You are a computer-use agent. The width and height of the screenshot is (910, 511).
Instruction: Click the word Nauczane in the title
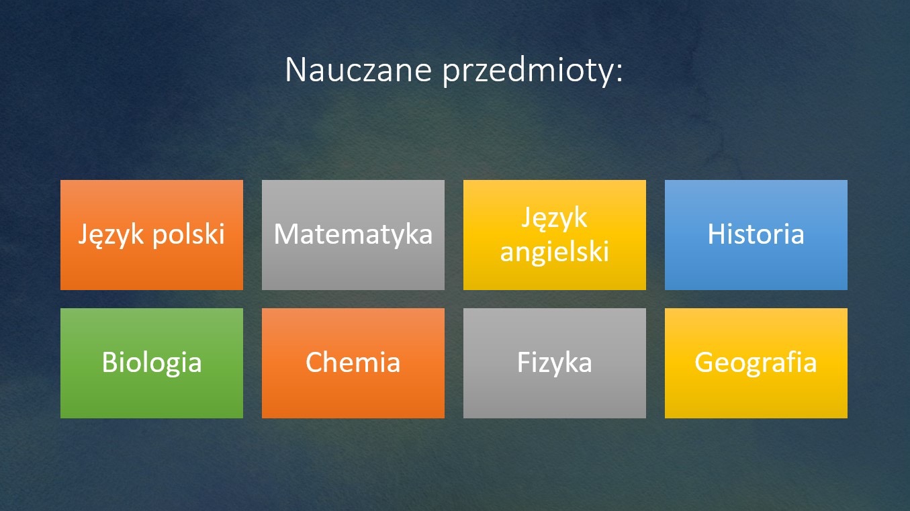tap(358, 70)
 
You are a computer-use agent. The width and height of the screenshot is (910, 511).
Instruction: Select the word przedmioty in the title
tap(527, 72)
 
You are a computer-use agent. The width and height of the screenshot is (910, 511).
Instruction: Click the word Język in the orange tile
tap(111, 235)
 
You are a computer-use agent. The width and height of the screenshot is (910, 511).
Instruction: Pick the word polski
tap(189, 235)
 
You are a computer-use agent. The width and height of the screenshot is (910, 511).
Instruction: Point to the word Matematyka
tap(353, 234)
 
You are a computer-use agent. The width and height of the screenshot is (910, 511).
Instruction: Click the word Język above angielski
tap(555, 218)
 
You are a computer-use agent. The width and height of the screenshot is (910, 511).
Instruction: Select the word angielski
tap(555, 251)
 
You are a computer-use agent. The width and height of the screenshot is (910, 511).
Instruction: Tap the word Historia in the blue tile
tap(756, 234)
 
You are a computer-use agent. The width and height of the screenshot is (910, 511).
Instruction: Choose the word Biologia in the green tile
tap(152, 363)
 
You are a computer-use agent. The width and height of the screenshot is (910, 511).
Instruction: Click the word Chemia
tap(353, 362)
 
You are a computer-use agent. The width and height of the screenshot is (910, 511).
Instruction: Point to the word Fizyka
tap(555, 363)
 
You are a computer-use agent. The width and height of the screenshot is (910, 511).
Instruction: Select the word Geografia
tap(756, 363)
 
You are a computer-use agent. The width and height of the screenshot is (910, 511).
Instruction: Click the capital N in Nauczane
tap(295, 70)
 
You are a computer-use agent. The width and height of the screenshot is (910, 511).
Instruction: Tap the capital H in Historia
tap(717, 234)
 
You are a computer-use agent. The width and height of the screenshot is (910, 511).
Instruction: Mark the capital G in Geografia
tap(705, 362)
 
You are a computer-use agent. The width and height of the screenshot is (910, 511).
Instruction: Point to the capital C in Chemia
tap(315, 362)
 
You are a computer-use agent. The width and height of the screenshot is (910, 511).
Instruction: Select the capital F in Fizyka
tap(524, 362)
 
